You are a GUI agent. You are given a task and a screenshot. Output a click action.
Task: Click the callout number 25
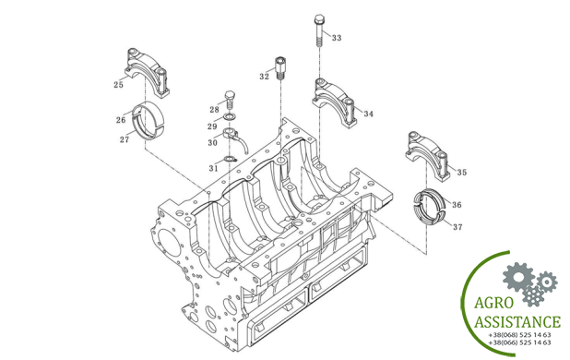(118, 85)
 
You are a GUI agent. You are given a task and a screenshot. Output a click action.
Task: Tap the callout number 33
(337, 38)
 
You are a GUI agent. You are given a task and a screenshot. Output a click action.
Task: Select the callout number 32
(265, 77)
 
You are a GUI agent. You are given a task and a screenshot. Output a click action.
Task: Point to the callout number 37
(457, 227)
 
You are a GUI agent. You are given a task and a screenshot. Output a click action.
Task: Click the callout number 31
(213, 168)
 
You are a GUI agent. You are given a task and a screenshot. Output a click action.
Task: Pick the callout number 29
(212, 126)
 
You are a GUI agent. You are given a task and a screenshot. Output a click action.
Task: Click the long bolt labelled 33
(319, 30)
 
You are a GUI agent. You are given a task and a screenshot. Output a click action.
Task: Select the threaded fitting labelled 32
(280, 67)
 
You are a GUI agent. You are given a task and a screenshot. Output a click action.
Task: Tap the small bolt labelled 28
(231, 100)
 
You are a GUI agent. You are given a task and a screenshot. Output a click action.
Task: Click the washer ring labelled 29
(230, 116)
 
